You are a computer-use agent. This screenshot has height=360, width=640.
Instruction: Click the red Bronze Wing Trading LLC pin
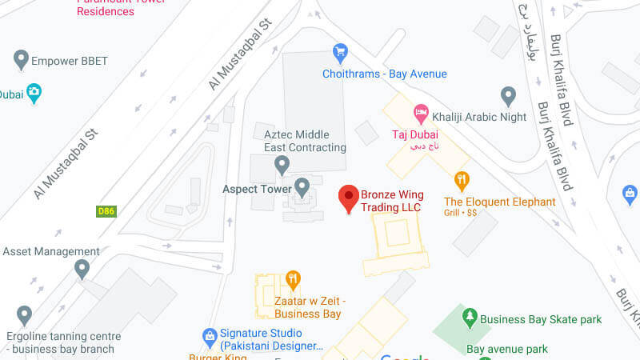pyautogui.click(x=348, y=197)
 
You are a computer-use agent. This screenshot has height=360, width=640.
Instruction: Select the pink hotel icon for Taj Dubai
pyautogui.click(x=421, y=113)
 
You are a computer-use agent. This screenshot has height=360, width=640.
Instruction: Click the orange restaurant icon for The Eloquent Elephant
pyautogui.click(x=461, y=180)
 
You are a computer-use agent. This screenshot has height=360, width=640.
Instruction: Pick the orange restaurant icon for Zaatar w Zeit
pyautogui.click(x=293, y=280)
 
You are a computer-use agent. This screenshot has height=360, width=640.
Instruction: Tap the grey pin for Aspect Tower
pyautogui.click(x=302, y=187)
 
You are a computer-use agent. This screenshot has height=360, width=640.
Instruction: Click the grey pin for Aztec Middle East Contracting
pyautogui.click(x=282, y=164)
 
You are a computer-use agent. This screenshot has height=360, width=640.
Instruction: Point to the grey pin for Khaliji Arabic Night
pyautogui.click(x=508, y=96)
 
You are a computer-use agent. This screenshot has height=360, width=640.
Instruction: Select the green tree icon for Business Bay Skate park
pyautogui.click(x=470, y=318)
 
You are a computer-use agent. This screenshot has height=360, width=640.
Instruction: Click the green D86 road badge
pyautogui.click(x=106, y=211)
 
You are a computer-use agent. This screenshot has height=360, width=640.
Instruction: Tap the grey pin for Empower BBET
pyautogui.click(x=22, y=58)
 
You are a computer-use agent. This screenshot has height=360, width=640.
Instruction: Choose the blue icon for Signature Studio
pyautogui.click(x=210, y=334)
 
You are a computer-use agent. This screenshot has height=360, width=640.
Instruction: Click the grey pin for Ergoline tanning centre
pyautogui.click(x=24, y=314)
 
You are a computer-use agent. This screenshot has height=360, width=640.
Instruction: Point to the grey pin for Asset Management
pyautogui.click(x=82, y=269)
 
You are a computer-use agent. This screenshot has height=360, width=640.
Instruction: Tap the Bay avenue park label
pyautogui.click(x=507, y=349)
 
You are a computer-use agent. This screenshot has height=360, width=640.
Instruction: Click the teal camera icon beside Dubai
pyautogui.click(x=34, y=94)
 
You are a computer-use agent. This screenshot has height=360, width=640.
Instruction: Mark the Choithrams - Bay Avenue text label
pyautogui.click(x=384, y=74)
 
